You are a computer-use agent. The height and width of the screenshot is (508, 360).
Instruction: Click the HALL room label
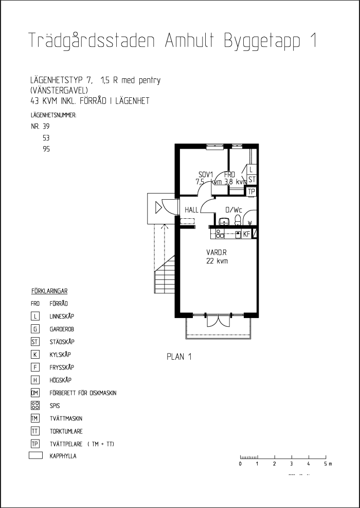[191, 210]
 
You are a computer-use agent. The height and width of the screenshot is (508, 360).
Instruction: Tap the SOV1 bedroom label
[206, 175]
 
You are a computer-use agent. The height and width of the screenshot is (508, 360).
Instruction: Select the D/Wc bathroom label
[233, 210]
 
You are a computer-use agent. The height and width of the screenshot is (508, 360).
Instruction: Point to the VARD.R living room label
[217, 253]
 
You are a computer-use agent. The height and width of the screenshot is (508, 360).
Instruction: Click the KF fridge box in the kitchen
[246, 234]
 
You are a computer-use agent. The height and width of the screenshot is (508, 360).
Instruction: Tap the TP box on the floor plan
[251, 191]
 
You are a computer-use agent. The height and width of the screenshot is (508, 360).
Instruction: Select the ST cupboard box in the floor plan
[251, 180]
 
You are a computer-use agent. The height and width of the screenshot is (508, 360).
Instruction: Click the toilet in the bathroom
[238, 221]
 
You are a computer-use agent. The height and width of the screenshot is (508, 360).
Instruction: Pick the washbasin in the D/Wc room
[224, 221]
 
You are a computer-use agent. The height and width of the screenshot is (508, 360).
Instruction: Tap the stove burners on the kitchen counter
[220, 234]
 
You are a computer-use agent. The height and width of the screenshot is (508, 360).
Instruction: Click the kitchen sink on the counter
[238, 234]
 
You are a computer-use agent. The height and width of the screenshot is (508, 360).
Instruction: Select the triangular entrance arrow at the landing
[159, 208]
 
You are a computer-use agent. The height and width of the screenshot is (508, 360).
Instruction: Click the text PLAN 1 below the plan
[178, 357]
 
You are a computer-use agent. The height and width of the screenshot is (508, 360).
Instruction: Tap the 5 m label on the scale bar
[327, 464]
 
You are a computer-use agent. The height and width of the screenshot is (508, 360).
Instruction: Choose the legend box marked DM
[35, 393]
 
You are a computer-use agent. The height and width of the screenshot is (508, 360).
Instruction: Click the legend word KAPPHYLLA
[63, 456]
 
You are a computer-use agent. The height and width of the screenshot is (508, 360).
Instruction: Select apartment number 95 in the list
[46, 150]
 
